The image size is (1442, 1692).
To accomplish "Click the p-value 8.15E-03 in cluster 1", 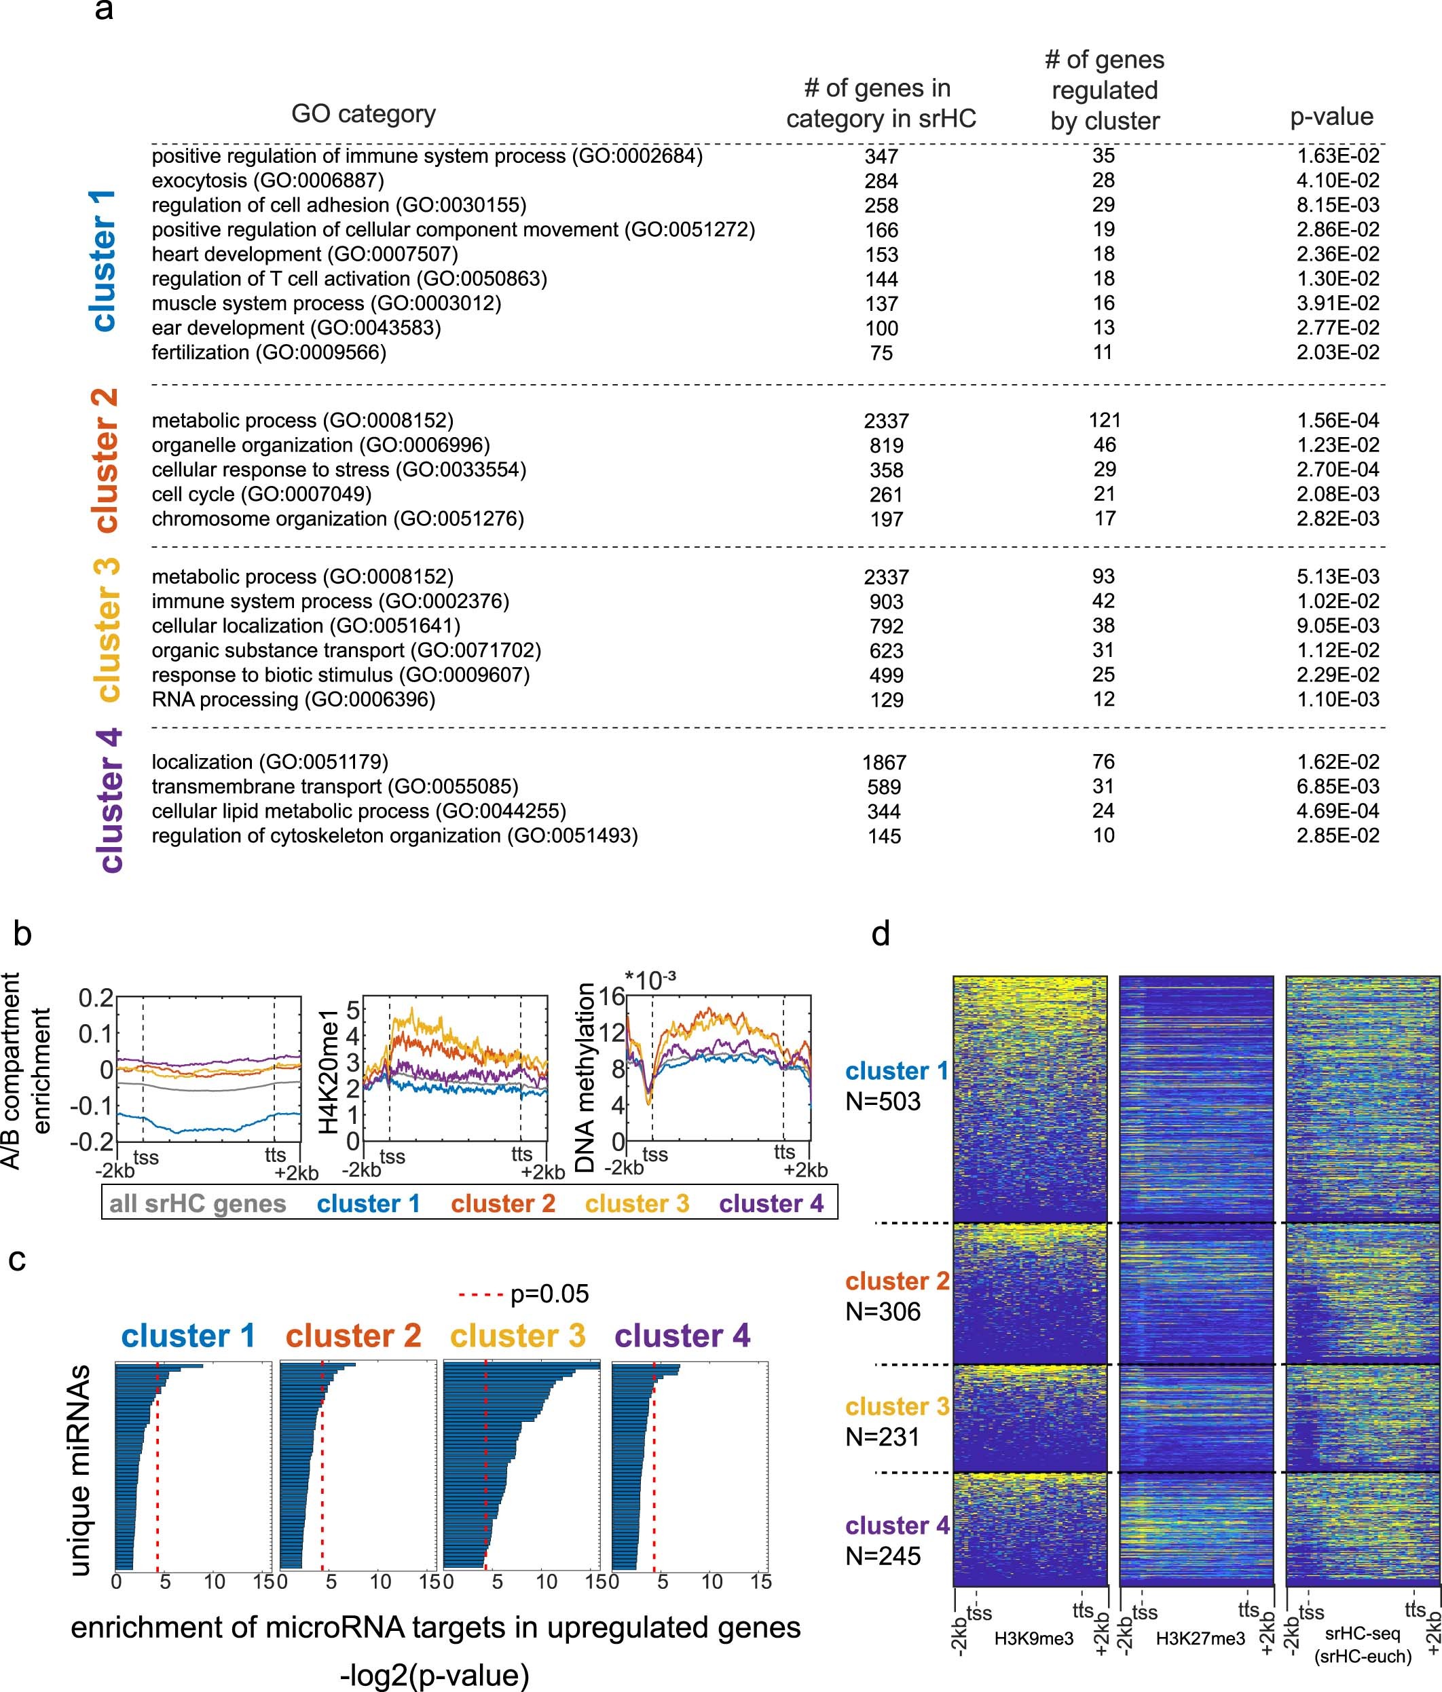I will coord(1337,205).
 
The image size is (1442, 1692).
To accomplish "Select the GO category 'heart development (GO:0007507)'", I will coord(305,254).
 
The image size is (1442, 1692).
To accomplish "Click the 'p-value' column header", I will coord(1331,117).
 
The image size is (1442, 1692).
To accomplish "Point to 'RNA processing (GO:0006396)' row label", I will coord(293,700).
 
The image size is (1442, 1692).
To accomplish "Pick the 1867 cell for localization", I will coord(884,763).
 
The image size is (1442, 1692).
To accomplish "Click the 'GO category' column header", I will coord(364,114).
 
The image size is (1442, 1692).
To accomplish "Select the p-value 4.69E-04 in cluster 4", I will coord(1337,812).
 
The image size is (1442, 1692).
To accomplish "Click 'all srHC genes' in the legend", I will coord(198,1203).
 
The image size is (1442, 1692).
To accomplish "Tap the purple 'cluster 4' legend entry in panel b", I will coord(771,1203).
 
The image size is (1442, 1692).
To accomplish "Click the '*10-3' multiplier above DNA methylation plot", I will coord(650,980).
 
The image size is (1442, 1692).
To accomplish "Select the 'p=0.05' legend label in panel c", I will coord(549,1294).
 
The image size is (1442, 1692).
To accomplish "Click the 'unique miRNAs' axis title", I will coord(79,1470).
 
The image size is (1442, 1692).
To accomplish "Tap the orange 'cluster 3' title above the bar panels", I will coord(518,1336).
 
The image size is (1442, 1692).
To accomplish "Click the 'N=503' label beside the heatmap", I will coord(883,1102).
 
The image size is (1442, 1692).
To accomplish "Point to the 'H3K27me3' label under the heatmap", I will coord(1200,1639).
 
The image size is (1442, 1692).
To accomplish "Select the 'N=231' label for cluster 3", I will coord(883,1436).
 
